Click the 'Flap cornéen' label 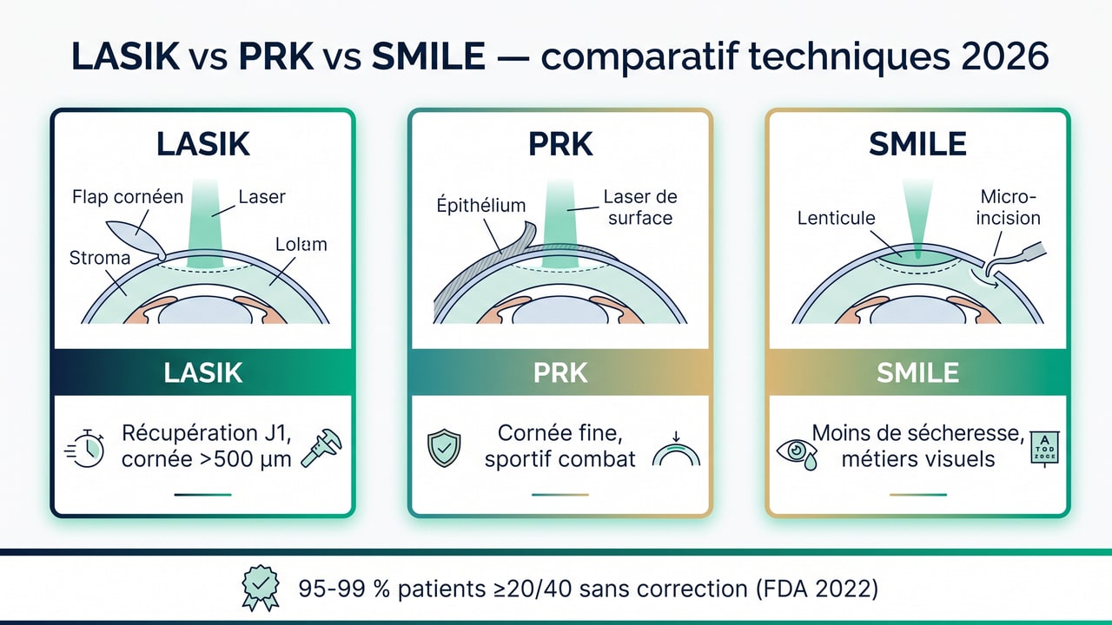127,196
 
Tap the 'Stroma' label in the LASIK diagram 100,258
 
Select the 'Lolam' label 301,244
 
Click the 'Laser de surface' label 640,207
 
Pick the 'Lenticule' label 836,218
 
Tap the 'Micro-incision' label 1008,207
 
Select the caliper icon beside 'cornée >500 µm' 321,447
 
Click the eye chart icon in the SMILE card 1040,450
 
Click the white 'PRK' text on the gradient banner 559,372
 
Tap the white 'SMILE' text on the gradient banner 917,372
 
